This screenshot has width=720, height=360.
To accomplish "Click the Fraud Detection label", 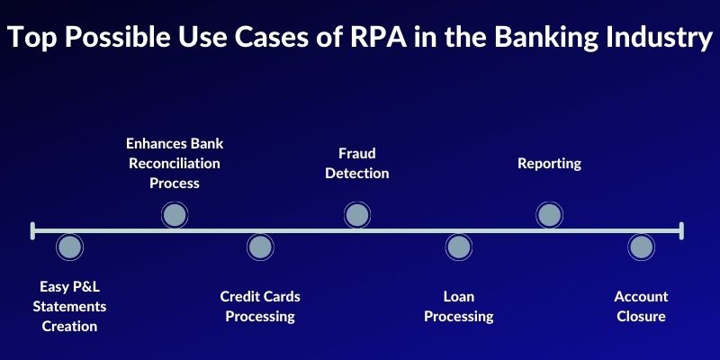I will click(356, 163).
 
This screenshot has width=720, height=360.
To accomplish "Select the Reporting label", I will click(549, 163).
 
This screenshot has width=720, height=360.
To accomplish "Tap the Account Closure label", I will click(641, 306).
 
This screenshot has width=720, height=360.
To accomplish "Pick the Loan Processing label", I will click(458, 306).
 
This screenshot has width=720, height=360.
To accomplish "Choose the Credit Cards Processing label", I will click(260, 306).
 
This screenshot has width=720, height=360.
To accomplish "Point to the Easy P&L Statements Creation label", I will click(69, 306).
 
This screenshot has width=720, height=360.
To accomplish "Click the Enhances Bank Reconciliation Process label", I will click(175, 163).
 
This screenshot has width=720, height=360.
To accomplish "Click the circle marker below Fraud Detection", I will click(356, 215).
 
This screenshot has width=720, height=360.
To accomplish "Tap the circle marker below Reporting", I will click(549, 215).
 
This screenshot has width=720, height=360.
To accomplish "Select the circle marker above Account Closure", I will click(641, 247).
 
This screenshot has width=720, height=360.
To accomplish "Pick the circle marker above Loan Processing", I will click(458, 247).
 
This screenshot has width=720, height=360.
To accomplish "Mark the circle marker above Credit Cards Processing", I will click(260, 247).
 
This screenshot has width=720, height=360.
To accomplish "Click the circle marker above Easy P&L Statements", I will click(69, 247).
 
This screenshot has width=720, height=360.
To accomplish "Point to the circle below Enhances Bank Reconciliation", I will click(175, 215).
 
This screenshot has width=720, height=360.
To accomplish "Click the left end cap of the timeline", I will click(32, 231).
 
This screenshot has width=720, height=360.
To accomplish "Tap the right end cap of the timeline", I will click(681, 231).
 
